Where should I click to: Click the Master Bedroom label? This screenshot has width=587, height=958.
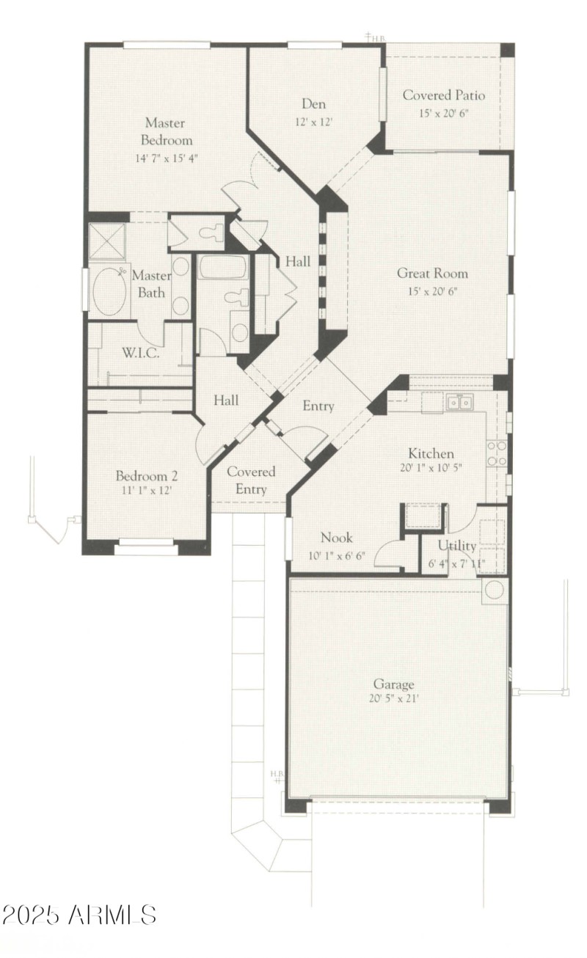(x=169, y=131)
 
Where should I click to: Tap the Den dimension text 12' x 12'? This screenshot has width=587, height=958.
(x=313, y=122)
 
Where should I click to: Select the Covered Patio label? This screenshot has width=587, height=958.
(x=443, y=95)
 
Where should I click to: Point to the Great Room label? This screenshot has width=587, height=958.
(x=432, y=274)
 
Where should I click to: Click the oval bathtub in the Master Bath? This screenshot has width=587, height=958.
(x=111, y=291)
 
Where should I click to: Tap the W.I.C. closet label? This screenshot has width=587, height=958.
(x=142, y=352)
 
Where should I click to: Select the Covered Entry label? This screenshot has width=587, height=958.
(x=251, y=480)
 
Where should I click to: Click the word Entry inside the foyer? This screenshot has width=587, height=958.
(x=318, y=406)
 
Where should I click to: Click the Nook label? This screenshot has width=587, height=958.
(x=337, y=538)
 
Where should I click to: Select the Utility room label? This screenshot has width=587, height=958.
(x=457, y=546)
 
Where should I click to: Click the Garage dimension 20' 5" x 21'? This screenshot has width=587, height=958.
(x=395, y=699)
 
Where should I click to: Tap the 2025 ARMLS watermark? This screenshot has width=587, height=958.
(x=79, y=915)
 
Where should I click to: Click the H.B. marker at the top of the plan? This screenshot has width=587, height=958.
(x=376, y=37)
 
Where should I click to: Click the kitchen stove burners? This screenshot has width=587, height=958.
(x=497, y=453)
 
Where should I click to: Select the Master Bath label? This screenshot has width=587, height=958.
(x=151, y=284)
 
